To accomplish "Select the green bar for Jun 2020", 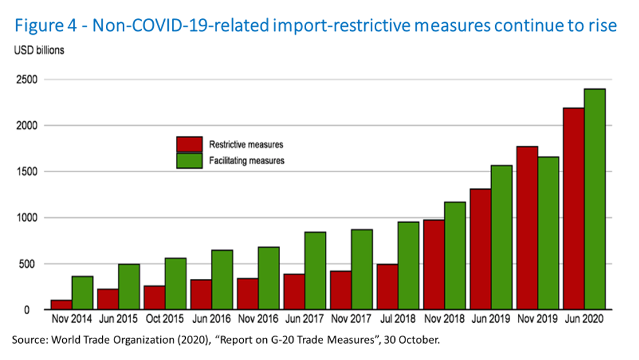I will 595,199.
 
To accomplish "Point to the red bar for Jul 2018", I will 387,287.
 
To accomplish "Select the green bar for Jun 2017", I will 315,270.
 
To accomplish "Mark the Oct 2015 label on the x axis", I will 165,319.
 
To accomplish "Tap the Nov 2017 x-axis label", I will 351,319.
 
